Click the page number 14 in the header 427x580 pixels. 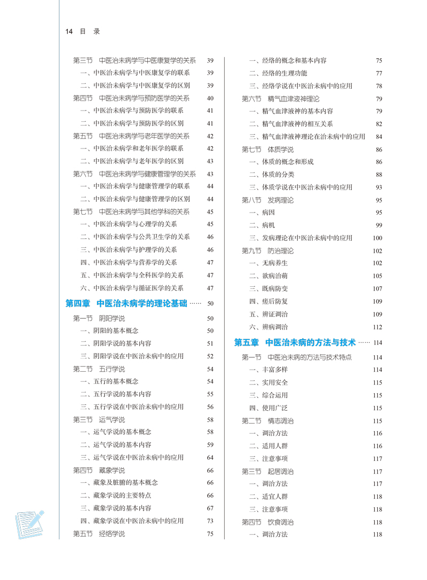click(x=68, y=32)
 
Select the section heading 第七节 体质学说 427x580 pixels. click(x=267, y=150)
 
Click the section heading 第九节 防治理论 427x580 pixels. click(x=267, y=250)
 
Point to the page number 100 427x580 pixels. click(x=378, y=238)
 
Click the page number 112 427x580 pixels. click(x=378, y=327)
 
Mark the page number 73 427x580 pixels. click(x=210, y=521)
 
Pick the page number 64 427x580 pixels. click(x=210, y=458)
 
